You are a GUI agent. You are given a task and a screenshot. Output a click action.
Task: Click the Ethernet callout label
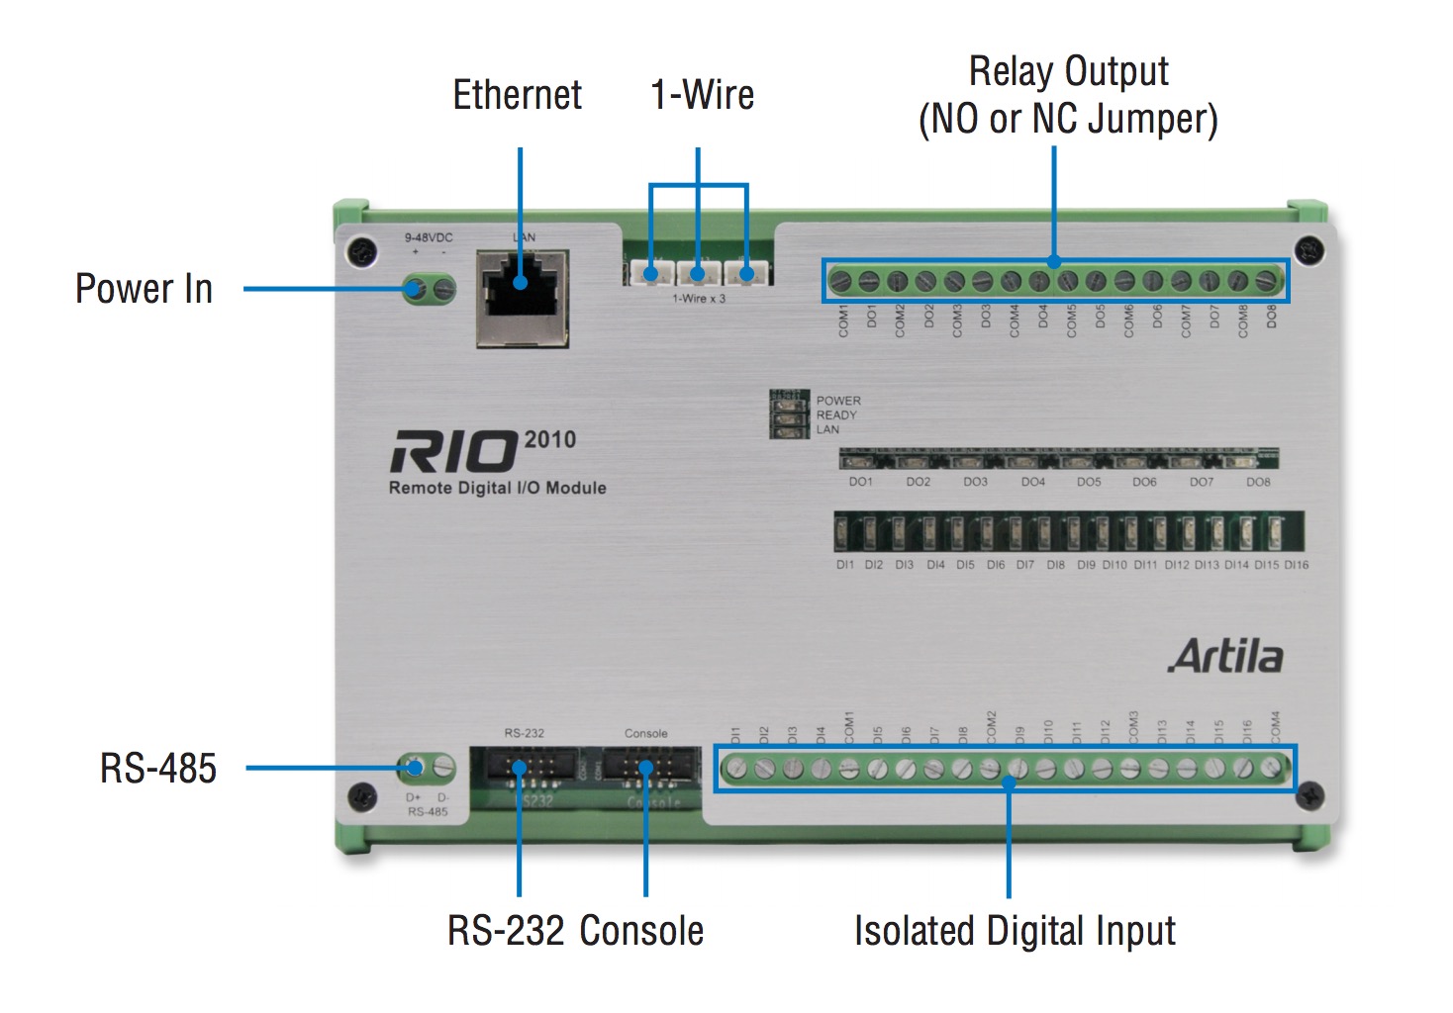point(517,95)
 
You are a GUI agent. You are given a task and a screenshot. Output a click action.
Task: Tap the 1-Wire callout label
point(702,95)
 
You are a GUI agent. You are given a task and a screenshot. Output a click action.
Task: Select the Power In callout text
point(145,289)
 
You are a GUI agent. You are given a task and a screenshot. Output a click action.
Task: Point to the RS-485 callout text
point(158,769)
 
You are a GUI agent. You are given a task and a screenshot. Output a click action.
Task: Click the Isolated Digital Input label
point(1015,931)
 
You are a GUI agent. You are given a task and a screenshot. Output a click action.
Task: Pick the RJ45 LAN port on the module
point(523,298)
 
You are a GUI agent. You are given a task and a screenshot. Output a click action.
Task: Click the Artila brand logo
point(1225,657)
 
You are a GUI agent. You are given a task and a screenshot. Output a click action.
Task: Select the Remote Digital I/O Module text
point(497,488)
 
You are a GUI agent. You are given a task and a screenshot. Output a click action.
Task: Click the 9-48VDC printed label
point(429,237)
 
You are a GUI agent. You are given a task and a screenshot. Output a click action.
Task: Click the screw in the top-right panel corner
point(1308,250)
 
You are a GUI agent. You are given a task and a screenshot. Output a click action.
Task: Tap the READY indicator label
point(836,415)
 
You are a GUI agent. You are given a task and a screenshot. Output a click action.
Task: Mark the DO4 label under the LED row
point(1032,482)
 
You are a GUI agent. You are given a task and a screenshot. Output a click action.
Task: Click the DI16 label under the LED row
point(1296,565)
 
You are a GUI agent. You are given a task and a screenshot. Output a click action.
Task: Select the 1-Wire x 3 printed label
point(699,298)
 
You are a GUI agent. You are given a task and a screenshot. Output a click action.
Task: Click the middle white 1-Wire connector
point(698,272)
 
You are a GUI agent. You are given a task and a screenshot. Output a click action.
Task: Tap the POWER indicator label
point(838,401)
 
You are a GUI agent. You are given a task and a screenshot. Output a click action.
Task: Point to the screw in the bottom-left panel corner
point(362,794)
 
